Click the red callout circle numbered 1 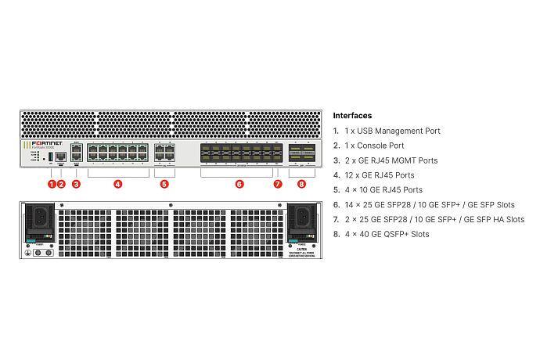[x=52, y=185]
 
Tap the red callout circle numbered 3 [x=76, y=185]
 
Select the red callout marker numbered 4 [x=117, y=185]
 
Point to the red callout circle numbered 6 [x=239, y=185]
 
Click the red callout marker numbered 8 [x=302, y=185]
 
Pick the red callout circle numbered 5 [x=164, y=185]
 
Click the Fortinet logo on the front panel [x=40, y=145]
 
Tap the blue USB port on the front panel [x=51, y=157]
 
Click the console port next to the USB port [x=61, y=157]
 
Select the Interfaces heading [x=352, y=116]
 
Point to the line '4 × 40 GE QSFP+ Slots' [x=386, y=234]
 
